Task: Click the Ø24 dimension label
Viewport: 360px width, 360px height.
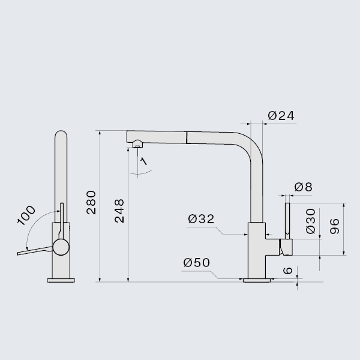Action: pos(281,116)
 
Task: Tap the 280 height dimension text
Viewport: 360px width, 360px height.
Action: pos(91,202)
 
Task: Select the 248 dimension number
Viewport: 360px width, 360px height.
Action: pos(119,211)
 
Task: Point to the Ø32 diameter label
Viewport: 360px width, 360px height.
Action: pos(201,219)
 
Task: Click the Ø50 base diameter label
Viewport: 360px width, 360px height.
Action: pos(197,262)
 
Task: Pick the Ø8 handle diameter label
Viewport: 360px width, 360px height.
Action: pos(303,187)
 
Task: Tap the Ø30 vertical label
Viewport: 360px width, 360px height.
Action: pos(311,221)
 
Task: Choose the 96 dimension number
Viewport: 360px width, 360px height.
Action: pos(335,226)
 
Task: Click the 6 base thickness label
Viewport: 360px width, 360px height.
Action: pos(287,270)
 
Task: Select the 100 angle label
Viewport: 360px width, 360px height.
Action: pos(26,215)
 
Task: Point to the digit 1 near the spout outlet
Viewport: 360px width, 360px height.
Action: pos(144,161)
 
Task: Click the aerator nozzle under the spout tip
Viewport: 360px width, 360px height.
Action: pos(137,144)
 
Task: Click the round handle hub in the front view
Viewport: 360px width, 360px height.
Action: pos(61,247)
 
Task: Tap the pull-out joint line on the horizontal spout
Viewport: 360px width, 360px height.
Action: pos(187,137)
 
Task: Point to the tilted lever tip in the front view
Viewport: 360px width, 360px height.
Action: pos(19,253)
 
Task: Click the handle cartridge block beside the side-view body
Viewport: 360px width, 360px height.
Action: pos(286,247)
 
